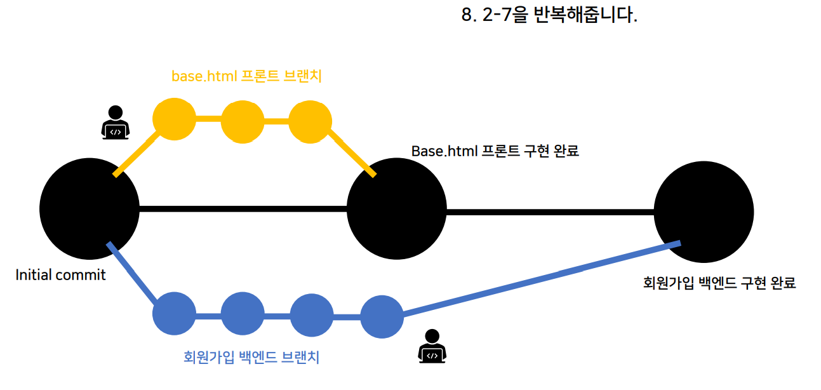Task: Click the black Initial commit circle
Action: [90, 209]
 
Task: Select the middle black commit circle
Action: [397, 209]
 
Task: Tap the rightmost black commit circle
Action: [704, 212]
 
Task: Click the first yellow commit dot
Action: [174, 119]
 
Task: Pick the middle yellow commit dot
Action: [243, 122]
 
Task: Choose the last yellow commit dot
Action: [310, 122]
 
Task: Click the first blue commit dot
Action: [174, 313]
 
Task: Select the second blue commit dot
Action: [243, 313]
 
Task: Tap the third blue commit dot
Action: [312, 315]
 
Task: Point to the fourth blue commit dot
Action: [382, 317]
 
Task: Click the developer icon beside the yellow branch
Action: [116, 123]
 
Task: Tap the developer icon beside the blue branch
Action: [432, 346]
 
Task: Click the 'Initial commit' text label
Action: [60, 275]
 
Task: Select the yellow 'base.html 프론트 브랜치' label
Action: [246, 76]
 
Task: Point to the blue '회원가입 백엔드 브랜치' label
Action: [251, 357]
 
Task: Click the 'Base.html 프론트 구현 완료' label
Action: [495, 151]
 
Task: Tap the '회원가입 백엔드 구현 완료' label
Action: [719, 283]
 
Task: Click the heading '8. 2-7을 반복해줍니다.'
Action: [549, 15]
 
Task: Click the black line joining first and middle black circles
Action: [243, 209]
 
